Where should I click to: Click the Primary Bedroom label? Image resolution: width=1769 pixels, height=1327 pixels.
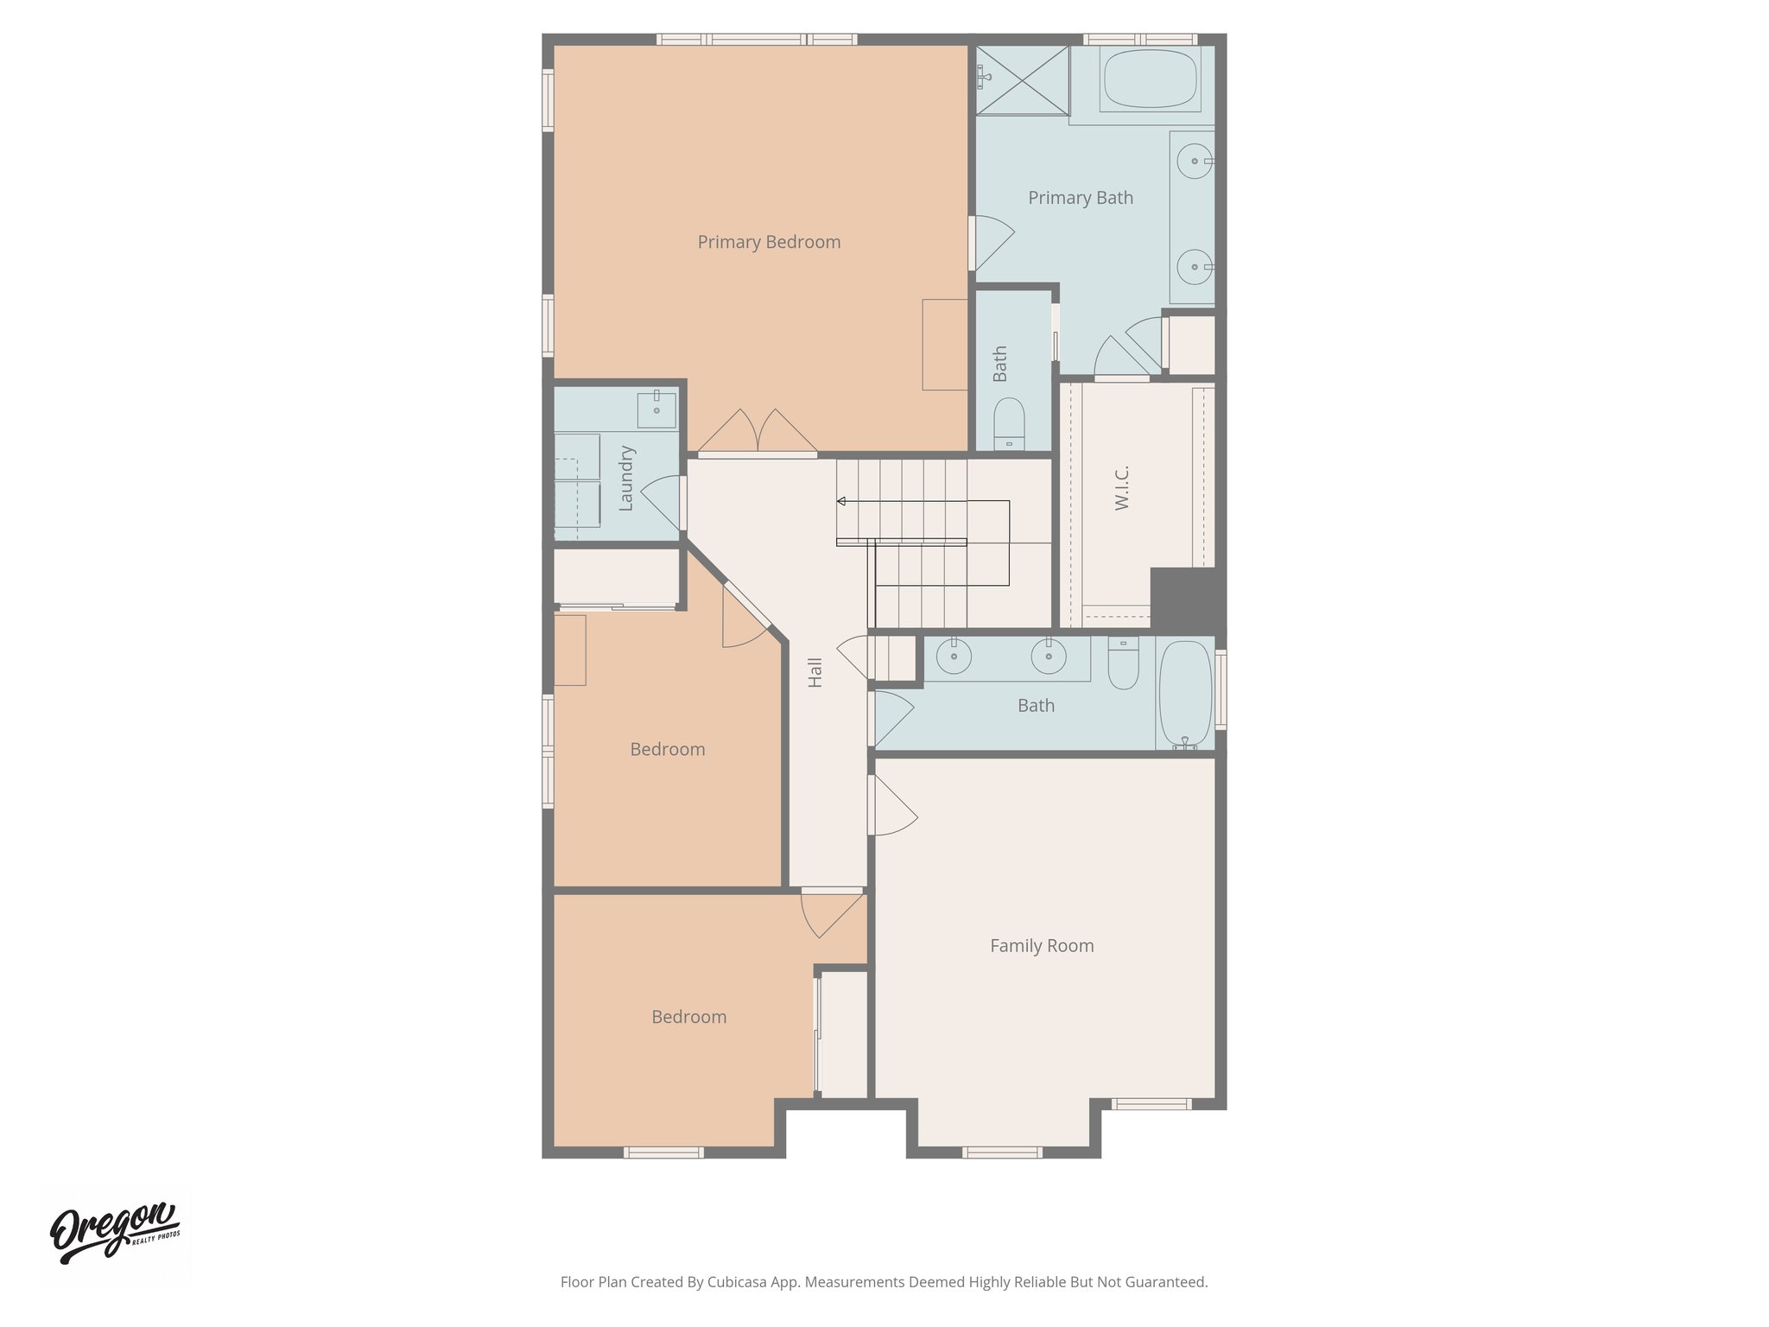(x=769, y=242)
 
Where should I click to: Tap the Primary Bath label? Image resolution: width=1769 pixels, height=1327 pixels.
(x=1080, y=198)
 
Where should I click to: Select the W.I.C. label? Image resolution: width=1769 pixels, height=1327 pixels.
(x=1122, y=488)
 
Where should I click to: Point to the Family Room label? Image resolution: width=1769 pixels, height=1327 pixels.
(x=1042, y=946)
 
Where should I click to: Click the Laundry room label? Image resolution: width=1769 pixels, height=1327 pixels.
(x=627, y=479)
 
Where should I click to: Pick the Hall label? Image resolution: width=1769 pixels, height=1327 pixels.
(x=815, y=672)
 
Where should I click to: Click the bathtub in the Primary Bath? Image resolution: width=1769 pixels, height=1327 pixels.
(x=1149, y=79)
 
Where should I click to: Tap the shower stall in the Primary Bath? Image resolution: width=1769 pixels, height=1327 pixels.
(x=1023, y=79)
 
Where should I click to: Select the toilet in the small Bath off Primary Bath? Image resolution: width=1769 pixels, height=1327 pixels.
(x=1008, y=422)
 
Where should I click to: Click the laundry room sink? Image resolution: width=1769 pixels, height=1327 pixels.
(x=656, y=409)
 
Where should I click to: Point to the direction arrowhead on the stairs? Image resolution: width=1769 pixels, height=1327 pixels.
(x=840, y=501)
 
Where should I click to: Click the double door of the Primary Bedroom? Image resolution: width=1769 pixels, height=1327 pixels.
(x=758, y=432)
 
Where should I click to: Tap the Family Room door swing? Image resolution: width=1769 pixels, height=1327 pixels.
(x=893, y=806)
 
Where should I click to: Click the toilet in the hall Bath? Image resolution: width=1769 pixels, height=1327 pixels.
(x=1123, y=665)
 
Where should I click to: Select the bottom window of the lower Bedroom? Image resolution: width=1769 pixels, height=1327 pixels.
(x=663, y=1152)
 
